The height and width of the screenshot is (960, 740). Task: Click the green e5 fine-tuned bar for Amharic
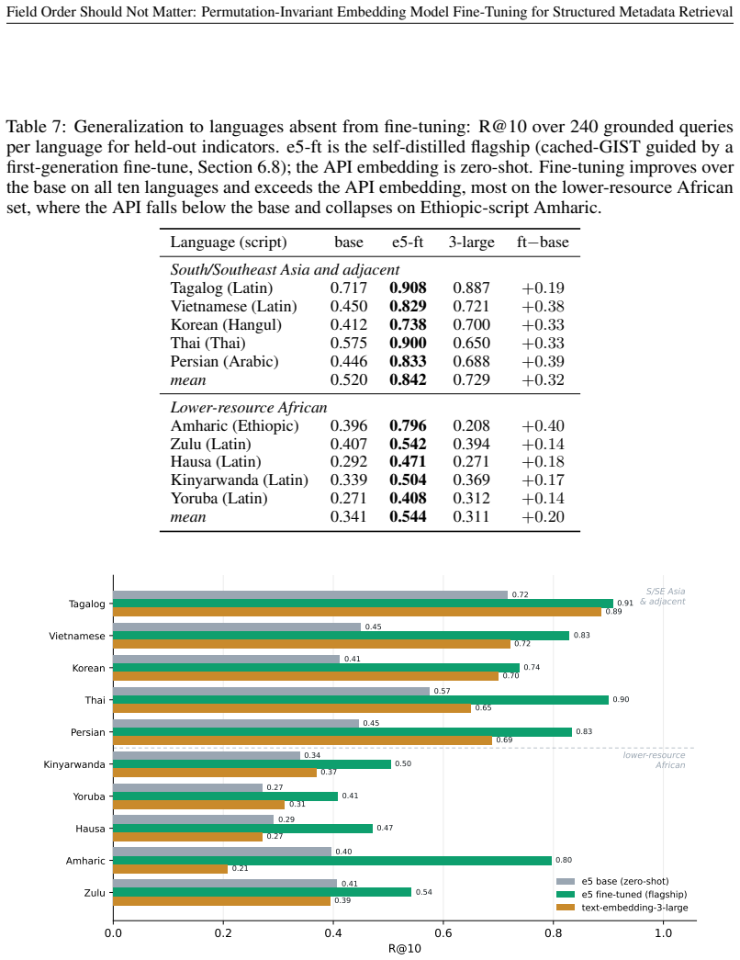point(332,860)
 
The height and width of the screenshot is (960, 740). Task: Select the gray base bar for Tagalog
point(310,594)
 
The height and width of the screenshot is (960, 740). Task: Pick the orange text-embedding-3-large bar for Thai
point(292,708)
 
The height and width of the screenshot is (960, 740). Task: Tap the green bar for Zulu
point(263,892)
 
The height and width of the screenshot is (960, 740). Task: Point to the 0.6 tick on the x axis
point(443,933)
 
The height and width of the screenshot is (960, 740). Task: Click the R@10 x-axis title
point(405,948)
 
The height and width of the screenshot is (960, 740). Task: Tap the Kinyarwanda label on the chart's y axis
point(74,764)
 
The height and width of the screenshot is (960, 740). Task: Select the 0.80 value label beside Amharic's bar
point(564,860)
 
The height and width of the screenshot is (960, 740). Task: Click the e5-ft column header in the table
point(408,242)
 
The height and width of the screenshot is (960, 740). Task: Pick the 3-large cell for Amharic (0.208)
point(471,425)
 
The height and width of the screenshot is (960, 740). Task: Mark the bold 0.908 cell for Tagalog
point(408,288)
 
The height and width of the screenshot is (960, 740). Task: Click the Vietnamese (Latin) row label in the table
point(234,306)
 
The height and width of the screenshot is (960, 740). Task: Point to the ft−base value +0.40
point(543,425)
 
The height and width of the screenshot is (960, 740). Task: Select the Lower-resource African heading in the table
point(249,407)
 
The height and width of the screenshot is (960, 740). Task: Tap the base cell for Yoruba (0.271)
point(348,498)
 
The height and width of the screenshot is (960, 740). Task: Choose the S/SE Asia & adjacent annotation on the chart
point(662,596)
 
